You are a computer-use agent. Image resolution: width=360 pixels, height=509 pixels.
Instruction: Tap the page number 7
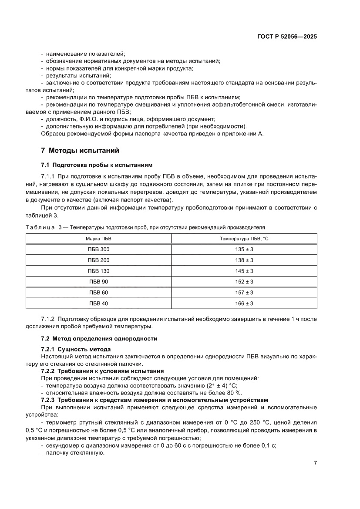[x=315, y=463]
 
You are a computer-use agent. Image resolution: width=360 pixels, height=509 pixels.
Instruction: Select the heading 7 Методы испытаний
[x=80, y=151]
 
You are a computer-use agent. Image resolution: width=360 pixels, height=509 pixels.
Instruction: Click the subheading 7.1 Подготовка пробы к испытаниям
[x=97, y=165]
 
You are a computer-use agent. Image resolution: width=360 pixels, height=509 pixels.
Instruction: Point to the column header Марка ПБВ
[x=99, y=239]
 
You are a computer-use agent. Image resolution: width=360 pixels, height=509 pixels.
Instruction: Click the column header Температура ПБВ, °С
[x=244, y=239]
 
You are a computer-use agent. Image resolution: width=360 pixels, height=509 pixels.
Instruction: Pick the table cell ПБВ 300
[x=99, y=249]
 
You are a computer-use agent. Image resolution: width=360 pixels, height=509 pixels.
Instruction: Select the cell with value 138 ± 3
[x=244, y=260]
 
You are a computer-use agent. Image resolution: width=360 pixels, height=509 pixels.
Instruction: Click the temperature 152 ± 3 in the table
[x=244, y=282]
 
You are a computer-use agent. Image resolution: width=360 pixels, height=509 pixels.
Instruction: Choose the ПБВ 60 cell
[x=99, y=293]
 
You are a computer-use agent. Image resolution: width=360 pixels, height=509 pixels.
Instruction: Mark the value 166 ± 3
[x=244, y=303]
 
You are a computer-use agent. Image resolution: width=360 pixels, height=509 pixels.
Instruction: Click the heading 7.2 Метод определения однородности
[x=99, y=338]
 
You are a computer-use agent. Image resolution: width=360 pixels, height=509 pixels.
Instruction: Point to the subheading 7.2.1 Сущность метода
[x=76, y=350]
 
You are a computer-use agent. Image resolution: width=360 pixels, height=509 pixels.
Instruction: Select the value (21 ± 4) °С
[x=219, y=385]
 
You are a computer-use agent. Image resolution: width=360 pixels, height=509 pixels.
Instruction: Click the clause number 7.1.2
[x=47, y=319]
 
